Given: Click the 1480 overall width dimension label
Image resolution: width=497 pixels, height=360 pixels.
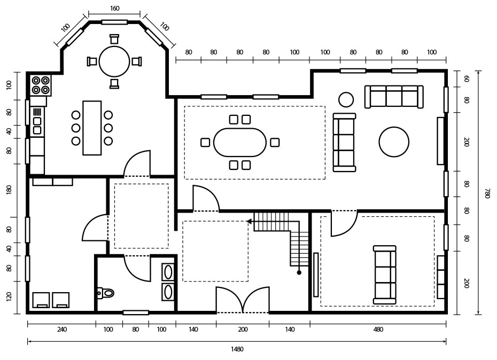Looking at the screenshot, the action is [x=237, y=349].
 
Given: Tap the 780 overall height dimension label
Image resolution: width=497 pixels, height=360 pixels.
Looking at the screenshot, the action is [x=487, y=193].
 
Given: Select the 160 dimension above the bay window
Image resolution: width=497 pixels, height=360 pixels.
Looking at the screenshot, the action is [x=115, y=9].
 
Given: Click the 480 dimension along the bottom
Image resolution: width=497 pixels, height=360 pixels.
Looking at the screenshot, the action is [x=378, y=329].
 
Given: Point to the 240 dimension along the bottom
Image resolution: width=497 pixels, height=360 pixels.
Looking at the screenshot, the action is [x=62, y=329].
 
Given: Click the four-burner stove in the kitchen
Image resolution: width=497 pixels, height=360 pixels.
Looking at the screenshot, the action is [x=41, y=85].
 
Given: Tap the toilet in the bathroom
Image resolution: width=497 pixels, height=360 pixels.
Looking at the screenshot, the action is [x=105, y=293].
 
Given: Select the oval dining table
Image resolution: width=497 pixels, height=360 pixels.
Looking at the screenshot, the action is [x=240, y=142].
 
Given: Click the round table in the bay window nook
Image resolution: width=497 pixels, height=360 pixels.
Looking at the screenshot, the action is [x=114, y=61].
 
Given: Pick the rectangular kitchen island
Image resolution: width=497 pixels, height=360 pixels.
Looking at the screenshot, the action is [x=92, y=128].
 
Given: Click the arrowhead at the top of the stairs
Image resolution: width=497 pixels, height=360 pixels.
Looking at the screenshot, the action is [x=249, y=221].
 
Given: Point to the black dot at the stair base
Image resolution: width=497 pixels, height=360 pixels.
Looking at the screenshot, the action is [x=299, y=272].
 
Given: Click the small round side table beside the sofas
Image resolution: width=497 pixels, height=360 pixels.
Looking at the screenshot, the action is [x=346, y=99].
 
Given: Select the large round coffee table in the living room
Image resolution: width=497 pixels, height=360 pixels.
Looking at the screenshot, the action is [x=394, y=142].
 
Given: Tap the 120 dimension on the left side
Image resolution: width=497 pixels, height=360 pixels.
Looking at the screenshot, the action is [x=9, y=297].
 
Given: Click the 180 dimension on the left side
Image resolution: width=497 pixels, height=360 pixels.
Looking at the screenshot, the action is [x=9, y=190].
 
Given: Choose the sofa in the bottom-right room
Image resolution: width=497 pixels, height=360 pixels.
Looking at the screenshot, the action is [x=385, y=275].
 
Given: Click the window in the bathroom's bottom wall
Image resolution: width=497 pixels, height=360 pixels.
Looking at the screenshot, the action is [x=136, y=313].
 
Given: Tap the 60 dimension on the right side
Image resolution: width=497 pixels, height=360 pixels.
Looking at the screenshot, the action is [x=466, y=79].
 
